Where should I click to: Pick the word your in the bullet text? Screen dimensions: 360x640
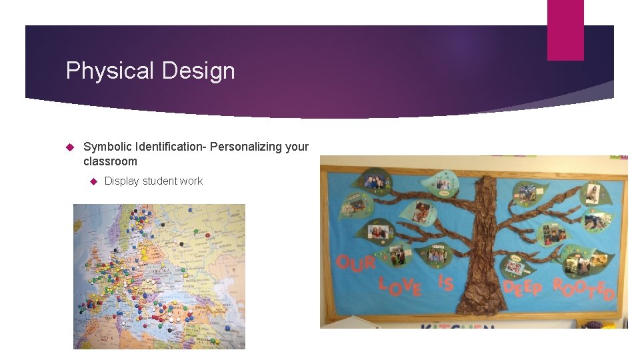(297, 146)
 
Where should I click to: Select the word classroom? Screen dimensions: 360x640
(110, 161)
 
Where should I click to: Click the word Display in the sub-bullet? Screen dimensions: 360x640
(121, 181)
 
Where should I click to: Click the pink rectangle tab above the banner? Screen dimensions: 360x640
(565, 29)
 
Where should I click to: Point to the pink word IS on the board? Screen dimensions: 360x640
(445, 283)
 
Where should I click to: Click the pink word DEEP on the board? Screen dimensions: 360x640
(523, 287)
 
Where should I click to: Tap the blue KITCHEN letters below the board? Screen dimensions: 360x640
(457, 327)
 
